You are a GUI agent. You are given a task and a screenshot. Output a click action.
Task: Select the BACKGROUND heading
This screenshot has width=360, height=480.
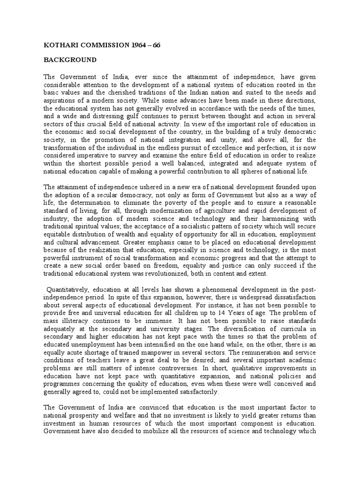point(70,60)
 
